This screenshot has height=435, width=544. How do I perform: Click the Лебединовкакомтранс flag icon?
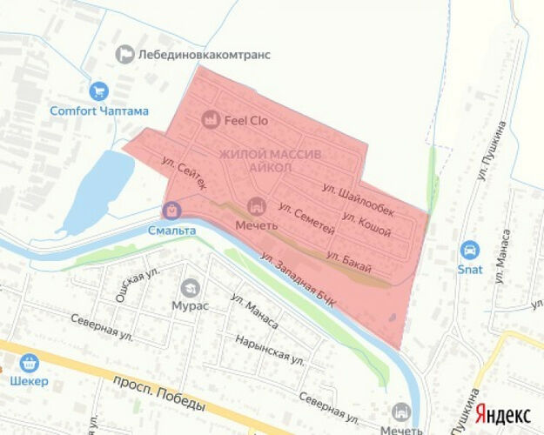point(126,54)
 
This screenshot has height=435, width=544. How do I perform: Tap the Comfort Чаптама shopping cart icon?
point(98,90)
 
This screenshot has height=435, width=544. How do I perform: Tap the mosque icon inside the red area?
point(256,206)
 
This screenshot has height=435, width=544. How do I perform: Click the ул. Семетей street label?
point(306,218)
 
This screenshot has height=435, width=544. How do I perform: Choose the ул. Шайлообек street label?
point(358,199)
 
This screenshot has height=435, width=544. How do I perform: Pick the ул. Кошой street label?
point(366,225)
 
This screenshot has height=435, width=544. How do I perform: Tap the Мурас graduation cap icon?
point(190,287)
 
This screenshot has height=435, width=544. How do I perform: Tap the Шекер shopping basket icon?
point(29,362)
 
